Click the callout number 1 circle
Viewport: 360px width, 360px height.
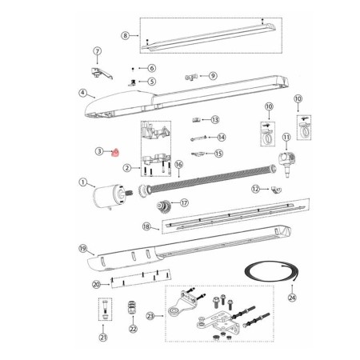82,183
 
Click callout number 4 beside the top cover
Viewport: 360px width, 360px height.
82,93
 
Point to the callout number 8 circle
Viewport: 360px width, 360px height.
125,36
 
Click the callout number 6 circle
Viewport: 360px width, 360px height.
151,68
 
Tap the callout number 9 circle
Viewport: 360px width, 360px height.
213,75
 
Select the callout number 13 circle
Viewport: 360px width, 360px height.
214,119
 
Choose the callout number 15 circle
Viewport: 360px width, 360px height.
218,154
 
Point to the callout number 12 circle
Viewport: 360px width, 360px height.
255,189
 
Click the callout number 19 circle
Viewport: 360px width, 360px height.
82,249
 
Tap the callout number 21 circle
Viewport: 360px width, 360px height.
103,338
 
